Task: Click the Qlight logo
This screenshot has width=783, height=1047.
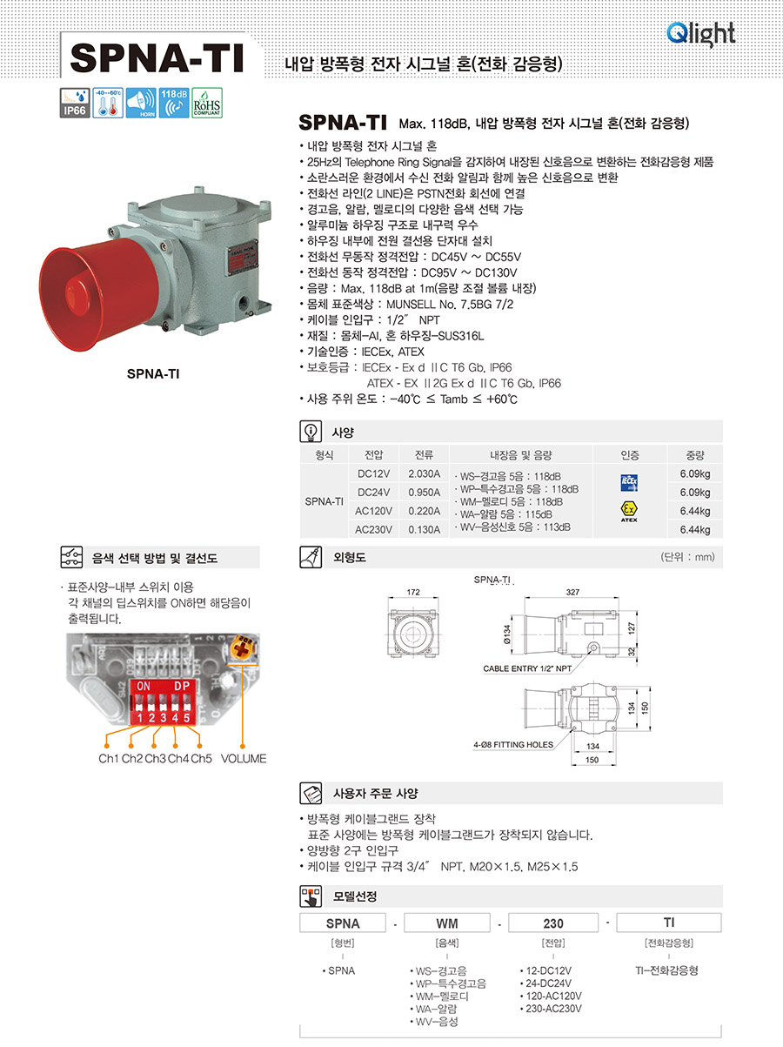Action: click(700, 34)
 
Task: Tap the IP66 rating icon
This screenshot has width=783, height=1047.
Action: click(75, 103)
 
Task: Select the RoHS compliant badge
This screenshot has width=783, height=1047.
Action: click(207, 103)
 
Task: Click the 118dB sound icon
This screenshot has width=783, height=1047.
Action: click(174, 103)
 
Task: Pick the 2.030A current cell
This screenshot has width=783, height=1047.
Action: click(424, 474)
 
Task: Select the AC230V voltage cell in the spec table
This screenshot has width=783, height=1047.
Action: click(373, 529)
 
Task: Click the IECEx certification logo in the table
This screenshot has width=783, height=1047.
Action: click(629, 483)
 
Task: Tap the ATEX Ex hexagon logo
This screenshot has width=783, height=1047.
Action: click(629, 510)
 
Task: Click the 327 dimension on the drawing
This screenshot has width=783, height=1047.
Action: click(572, 592)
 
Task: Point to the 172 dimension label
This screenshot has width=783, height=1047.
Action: click(413, 592)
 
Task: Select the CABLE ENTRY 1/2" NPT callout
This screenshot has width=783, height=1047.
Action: click(527, 668)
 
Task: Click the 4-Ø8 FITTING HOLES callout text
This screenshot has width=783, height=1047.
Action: click(513, 745)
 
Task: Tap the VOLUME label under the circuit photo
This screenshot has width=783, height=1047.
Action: click(244, 758)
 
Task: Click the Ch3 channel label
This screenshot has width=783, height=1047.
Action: click(156, 758)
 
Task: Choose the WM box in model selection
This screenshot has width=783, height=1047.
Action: click(447, 923)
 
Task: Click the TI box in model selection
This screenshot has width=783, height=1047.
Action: click(668, 922)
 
